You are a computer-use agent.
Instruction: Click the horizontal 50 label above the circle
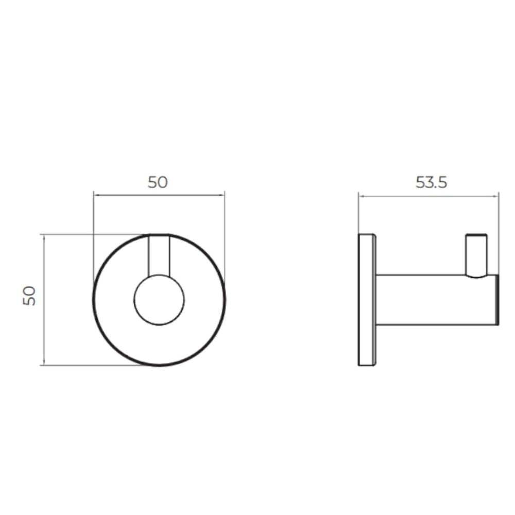[158, 182]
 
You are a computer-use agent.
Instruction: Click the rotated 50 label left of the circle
[29, 296]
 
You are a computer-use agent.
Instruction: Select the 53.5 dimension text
[431, 182]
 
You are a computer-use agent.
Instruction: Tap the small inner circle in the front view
[159, 300]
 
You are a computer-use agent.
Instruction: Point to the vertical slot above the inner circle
[159, 255]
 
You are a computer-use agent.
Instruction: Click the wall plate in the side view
[367, 300]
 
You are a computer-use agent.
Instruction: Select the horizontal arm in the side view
[437, 300]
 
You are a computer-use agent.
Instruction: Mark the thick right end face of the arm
[497, 300]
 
